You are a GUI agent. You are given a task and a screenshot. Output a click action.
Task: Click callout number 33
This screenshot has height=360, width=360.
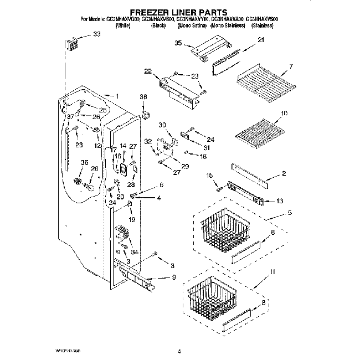(x=97, y=34)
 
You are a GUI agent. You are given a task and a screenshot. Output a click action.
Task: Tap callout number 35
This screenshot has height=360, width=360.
(x=178, y=43)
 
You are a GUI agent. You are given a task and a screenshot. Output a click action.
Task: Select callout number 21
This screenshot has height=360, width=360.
(x=261, y=40)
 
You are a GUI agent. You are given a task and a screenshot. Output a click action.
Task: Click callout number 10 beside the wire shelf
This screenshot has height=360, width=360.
(x=285, y=114)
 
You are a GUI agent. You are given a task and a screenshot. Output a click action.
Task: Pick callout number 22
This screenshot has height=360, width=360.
(x=148, y=70)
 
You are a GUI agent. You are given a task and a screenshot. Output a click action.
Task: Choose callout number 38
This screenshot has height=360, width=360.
(x=143, y=97)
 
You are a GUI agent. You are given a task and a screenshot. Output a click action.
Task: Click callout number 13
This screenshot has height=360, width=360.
(x=279, y=200)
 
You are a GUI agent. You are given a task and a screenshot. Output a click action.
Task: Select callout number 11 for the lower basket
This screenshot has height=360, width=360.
(x=272, y=272)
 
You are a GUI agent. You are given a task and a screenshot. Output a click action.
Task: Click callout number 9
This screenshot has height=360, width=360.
(x=173, y=276)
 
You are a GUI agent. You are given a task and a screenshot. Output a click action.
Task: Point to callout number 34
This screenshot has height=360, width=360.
(x=133, y=252)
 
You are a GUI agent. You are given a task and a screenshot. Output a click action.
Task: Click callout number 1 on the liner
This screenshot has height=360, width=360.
(x=116, y=95)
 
